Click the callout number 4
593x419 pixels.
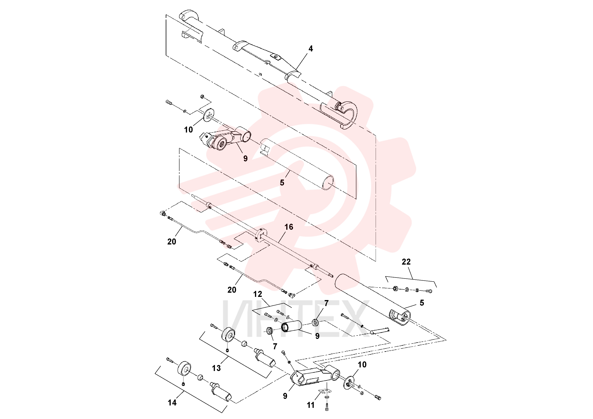point(311,49)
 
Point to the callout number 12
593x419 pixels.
point(258,294)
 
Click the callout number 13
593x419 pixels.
point(217,368)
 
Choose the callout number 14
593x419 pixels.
point(172,402)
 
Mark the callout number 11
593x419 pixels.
point(311,405)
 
